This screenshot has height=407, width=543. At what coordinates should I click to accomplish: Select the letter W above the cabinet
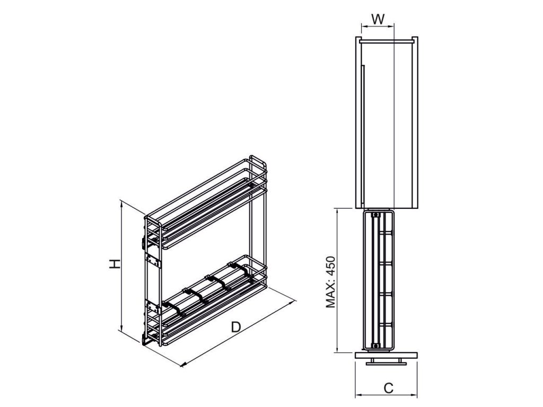coord(378,19)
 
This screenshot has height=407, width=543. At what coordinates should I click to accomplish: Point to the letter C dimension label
coord(388,388)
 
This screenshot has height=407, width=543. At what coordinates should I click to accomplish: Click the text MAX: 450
coord(331,280)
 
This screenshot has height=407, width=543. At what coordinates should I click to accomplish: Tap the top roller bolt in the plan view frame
coord(376,216)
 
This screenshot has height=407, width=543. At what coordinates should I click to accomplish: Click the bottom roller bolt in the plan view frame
coord(376,346)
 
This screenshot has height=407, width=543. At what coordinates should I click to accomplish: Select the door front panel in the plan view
coord(386,355)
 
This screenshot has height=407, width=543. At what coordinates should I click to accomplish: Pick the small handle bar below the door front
coord(386,362)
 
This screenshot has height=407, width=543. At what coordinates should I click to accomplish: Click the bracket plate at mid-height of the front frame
coord(154,262)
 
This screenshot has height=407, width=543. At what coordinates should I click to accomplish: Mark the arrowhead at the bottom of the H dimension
coord(122,330)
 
